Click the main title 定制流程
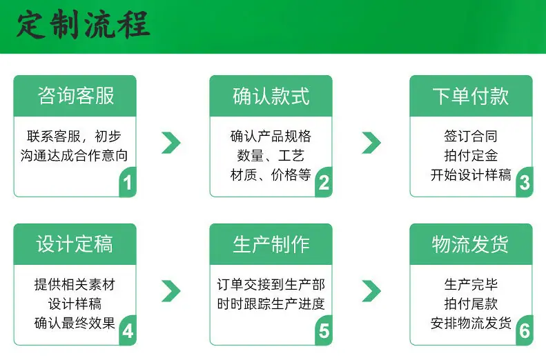[x=84, y=24]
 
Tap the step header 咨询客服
[x=75, y=96]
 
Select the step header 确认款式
[x=271, y=96]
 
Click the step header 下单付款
[x=471, y=96]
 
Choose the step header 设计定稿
[x=75, y=244]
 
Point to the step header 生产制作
[x=271, y=244]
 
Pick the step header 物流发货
[x=471, y=244]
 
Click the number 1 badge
[x=128, y=182]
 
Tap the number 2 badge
[x=324, y=182]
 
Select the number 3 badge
[x=525, y=182]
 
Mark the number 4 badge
[x=128, y=330]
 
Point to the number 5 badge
[x=324, y=330]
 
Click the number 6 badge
[x=525, y=330]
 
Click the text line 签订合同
[x=471, y=136]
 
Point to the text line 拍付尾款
[x=471, y=303]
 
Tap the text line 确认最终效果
[x=75, y=323]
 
